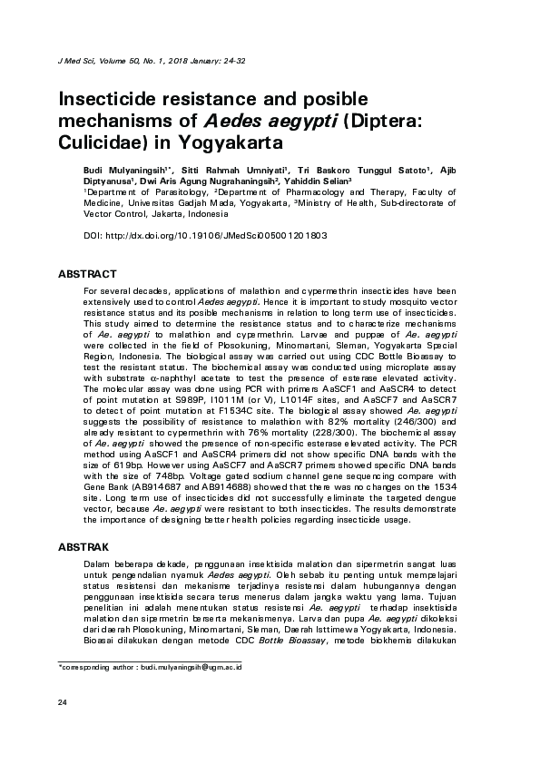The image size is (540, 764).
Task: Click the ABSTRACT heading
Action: tap(87, 273)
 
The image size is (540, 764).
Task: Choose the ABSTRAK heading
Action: tap(83, 547)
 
